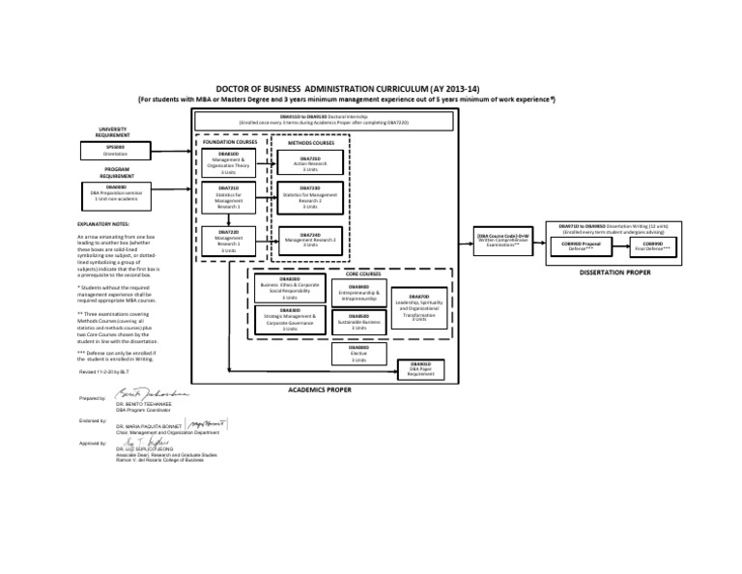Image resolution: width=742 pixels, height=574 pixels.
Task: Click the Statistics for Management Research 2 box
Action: click(x=310, y=197)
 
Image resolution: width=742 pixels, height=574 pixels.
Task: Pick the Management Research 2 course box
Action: click(x=310, y=240)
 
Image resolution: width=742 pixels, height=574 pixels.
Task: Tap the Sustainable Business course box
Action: click(x=358, y=322)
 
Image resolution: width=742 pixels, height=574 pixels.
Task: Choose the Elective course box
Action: click(x=358, y=354)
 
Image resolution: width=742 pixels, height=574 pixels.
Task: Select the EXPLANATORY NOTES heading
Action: click(x=108, y=224)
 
